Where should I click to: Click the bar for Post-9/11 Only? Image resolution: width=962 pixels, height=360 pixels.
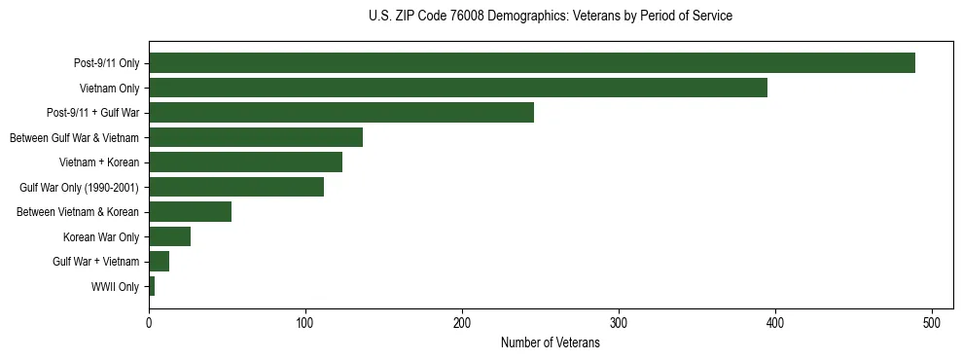pos(531,63)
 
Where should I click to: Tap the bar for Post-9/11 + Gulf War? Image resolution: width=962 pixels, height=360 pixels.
pos(340,113)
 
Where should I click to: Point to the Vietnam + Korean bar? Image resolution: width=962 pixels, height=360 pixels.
pos(245,162)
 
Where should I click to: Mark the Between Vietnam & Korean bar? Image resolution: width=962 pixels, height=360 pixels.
pos(190,211)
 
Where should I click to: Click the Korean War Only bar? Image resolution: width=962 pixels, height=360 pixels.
pos(169,236)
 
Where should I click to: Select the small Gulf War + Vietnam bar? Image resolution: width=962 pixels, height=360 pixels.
pos(159,261)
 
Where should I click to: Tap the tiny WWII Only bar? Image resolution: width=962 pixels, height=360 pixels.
pos(152,286)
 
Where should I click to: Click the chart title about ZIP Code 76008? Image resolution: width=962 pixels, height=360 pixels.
pos(551,17)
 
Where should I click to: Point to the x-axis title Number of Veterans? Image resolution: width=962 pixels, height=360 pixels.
pos(550,343)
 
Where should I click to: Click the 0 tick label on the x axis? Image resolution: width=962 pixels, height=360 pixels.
pos(149,324)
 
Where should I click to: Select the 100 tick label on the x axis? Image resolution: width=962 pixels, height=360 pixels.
pos(305,324)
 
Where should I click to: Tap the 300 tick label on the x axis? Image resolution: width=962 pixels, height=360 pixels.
pos(619,324)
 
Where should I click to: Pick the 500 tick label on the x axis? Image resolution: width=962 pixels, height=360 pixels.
pos(932,324)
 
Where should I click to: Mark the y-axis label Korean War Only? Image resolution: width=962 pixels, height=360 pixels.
pos(101,237)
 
